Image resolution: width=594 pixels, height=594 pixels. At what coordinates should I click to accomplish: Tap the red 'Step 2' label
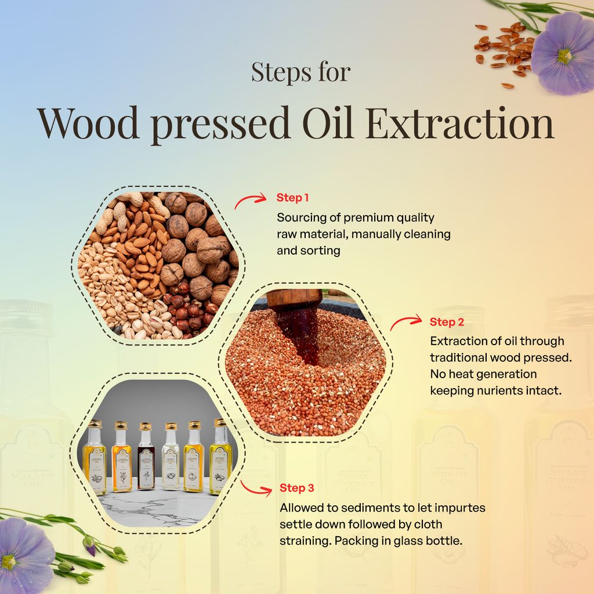point(447,321)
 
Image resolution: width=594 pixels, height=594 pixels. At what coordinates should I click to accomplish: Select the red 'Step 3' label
point(298,487)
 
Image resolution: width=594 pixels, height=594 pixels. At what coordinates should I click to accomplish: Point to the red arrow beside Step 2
point(405,322)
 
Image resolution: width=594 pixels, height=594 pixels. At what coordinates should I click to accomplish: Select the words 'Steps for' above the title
point(301,73)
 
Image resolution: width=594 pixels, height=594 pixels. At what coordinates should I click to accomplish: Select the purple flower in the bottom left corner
point(26,553)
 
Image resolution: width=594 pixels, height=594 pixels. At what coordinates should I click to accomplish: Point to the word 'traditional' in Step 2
point(462,357)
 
